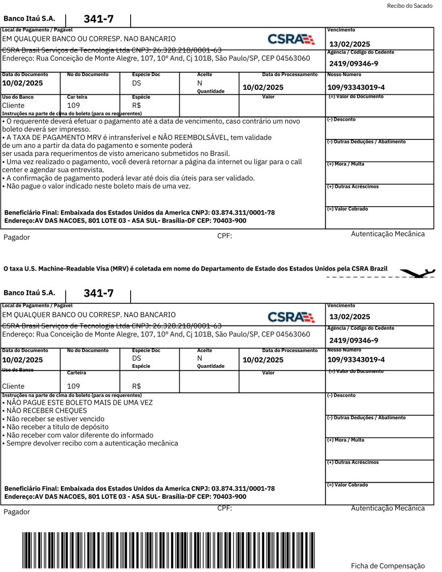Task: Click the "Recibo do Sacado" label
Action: click(x=410, y=6)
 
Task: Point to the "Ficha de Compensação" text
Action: click(x=387, y=566)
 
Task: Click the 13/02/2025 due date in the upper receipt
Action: click(x=350, y=44)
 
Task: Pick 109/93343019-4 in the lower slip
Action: click(x=356, y=360)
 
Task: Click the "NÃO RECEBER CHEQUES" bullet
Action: click(x=45, y=410)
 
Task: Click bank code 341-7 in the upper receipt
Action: click(x=99, y=19)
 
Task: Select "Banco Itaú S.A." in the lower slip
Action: click(x=29, y=293)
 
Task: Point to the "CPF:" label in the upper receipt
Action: click(x=224, y=236)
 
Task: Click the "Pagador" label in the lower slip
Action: click(x=17, y=512)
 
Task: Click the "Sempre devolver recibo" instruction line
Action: click(x=90, y=443)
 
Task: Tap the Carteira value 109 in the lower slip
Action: click(x=73, y=386)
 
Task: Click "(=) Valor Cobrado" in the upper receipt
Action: click(x=347, y=209)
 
